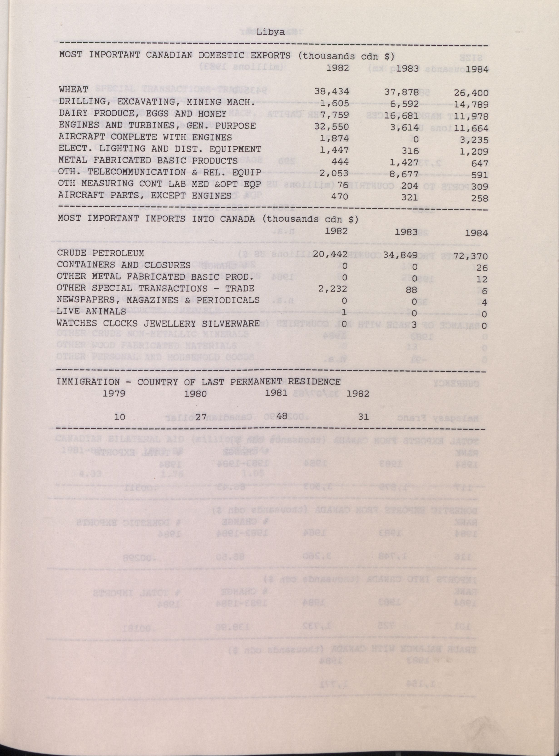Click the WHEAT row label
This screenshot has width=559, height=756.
coord(73,90)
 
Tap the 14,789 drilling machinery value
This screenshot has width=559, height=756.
coord(471,104)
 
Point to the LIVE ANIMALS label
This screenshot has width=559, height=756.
coord(91,311)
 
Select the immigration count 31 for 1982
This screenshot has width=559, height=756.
coord(363,417)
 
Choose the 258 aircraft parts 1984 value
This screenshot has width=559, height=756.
coord(479,198)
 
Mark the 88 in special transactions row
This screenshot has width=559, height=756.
coord(411,290)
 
